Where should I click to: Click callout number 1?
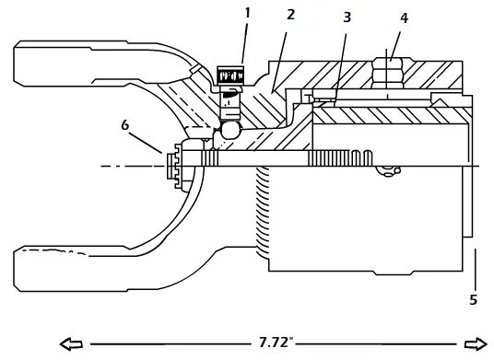247,13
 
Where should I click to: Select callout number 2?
290,15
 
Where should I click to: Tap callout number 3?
347,17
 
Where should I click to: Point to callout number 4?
404,18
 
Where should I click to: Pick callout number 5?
474,300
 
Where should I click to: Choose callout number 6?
125,125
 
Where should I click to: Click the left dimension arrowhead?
71,344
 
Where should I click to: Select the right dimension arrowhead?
476,344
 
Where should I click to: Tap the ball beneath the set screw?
230,130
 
